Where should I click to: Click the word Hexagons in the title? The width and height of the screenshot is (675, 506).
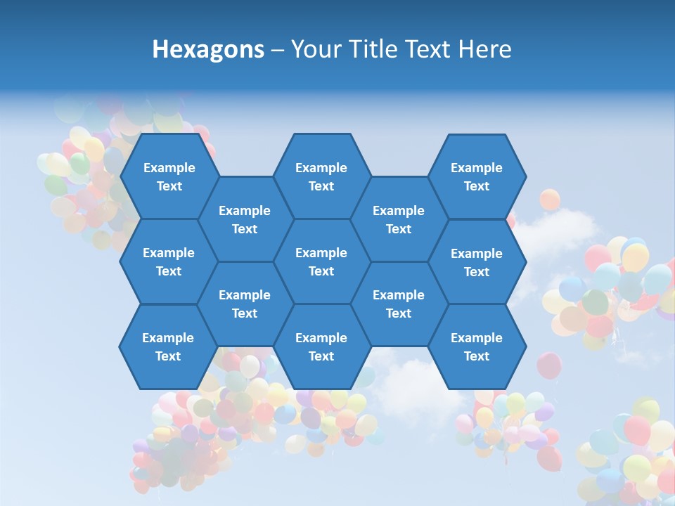pyautogui.click(x=208, y=49)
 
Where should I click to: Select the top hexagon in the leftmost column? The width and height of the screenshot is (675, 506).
pyautogui.click(x=169, y=176)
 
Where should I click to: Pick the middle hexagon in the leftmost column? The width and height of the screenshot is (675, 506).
pyautogui.click(x=169, y=261)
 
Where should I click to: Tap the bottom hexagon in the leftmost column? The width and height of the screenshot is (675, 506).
pyautogui.click(x=168, y=346)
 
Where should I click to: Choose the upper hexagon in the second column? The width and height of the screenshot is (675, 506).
pyautogui.click(x=245, y=219)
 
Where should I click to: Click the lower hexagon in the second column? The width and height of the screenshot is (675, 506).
pyautogui.click(x=245, y=304)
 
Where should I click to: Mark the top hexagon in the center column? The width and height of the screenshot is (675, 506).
pyautogui.click(x=321, y=176)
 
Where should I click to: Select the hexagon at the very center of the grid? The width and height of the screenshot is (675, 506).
pyautogui.click(x=321, y=261)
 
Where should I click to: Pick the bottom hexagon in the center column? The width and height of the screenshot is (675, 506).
pyautogui.click(x=321, y=346)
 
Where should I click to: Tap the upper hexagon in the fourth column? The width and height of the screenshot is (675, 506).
pyautogui.click(x=399, y=219)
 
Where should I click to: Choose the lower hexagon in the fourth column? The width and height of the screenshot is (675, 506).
pyautogui.click(x=399, y=304)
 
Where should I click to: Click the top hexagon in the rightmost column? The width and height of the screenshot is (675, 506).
pyautogui.click(x=477, y=176)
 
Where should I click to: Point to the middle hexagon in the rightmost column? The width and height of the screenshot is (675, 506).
pyautogui.click(x=477, y=262)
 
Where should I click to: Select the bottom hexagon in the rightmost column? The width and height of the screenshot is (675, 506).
pyautogui.click(x=477, y=346)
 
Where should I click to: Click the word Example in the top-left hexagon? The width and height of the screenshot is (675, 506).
pyautogui.click(x=169, y=168)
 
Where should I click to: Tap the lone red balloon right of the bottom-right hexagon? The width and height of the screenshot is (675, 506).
pyautogui.click(x=549, y=365)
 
